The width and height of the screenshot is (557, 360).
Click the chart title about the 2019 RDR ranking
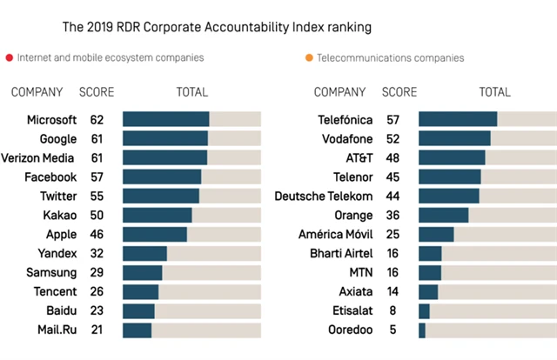pos(217,27)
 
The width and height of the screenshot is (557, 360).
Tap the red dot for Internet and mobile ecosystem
pos(10,58)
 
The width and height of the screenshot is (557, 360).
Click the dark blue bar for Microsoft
pos(165,119)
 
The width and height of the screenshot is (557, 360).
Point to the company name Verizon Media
pos(37,157)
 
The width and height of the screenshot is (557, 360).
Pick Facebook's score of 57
pos(97,177)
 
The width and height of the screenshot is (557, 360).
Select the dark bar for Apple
pos(155,234)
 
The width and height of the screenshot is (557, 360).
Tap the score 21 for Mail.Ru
pos(97,330)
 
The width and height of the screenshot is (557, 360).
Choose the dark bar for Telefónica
pos(458,119)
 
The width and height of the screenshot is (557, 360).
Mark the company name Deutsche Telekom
pos(324,196)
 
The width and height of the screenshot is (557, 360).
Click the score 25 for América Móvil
pos(392,234)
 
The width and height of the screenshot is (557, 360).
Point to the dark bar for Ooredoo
pos(422,330)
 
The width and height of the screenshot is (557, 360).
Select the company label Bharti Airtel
pos(341,253)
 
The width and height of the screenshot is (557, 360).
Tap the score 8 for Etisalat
pos(392,310)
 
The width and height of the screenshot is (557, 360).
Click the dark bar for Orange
pos(443,215)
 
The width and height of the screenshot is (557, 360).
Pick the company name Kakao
pos(59,215)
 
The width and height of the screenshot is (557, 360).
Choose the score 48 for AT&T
pos(392,157)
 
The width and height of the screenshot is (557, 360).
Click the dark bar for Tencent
pos(141,291)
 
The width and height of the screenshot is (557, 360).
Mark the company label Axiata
pos(355,291)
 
